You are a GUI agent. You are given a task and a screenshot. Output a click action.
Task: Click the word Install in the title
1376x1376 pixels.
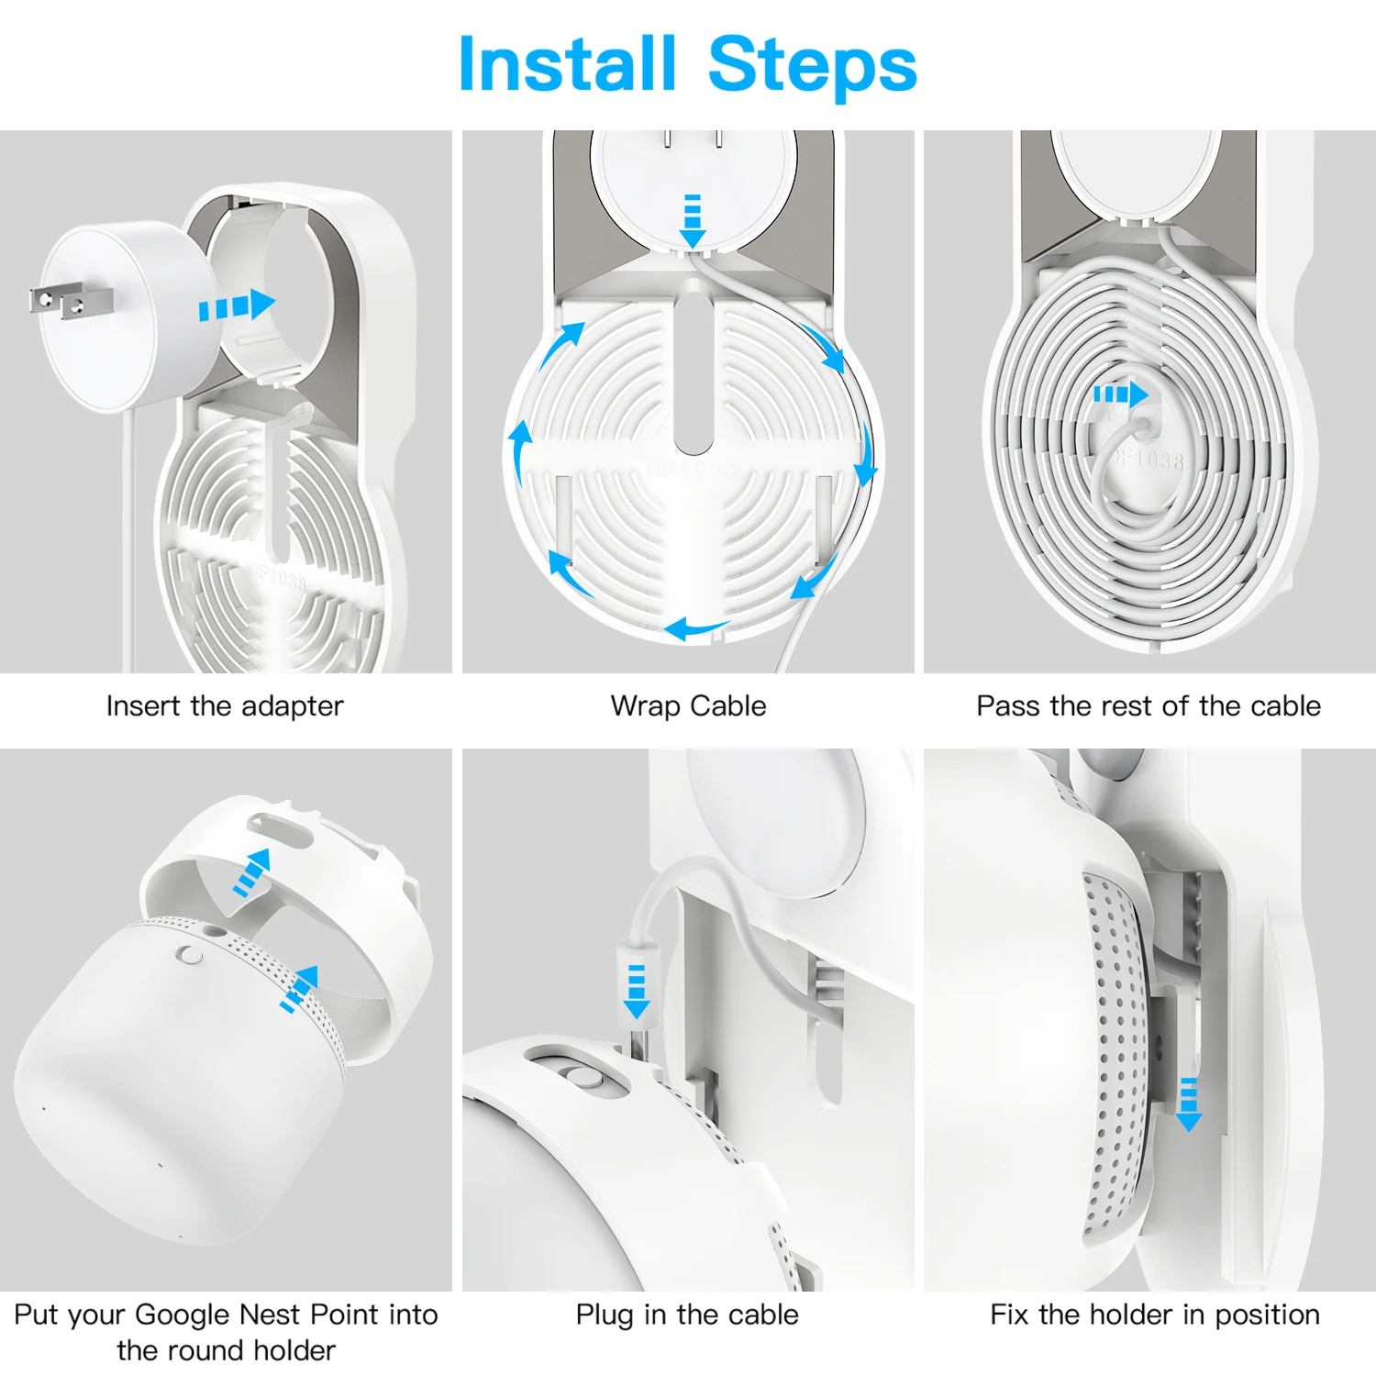567,63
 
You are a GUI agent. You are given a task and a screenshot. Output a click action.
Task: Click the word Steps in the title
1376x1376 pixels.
812,66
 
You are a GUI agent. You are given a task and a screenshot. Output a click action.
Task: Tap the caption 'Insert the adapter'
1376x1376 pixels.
225,705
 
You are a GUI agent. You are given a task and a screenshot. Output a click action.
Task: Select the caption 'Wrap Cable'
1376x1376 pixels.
688,705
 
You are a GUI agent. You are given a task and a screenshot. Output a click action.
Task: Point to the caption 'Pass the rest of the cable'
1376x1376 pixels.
1149,705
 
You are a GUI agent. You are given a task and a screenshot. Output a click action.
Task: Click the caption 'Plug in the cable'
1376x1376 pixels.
687,1315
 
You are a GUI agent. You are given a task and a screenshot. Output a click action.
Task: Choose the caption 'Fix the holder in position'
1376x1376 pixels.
1155,1315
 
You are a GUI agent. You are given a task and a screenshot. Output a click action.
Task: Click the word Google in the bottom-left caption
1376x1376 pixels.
183,1315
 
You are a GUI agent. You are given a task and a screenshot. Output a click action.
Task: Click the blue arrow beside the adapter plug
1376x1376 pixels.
237,305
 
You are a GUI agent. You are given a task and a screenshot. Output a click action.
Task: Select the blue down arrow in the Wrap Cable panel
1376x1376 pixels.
693,220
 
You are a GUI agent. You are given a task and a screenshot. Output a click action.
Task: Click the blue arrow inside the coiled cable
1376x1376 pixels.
1120,394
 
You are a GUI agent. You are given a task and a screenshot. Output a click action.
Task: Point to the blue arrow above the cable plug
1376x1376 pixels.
636,991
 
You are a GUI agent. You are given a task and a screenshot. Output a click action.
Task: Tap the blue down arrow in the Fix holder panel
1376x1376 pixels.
1189,1104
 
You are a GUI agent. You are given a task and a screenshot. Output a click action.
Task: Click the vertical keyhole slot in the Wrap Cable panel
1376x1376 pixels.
693,367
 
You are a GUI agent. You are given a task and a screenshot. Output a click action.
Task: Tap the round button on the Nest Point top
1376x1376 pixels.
191,955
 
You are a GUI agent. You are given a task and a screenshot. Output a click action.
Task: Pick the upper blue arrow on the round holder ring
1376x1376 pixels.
252,872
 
